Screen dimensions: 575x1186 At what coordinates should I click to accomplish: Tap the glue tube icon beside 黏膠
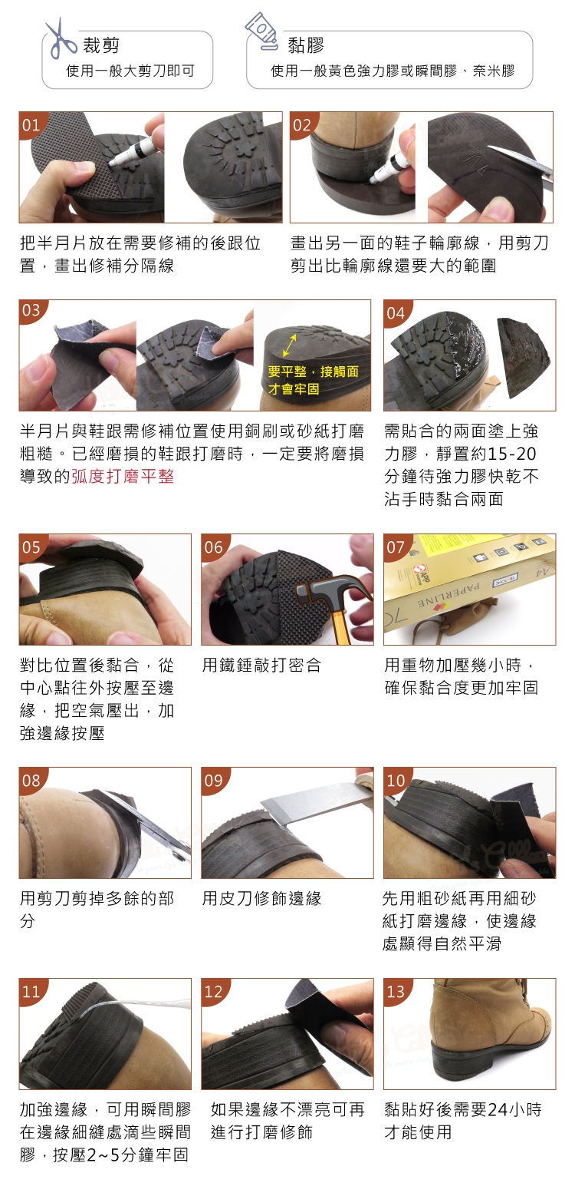262,31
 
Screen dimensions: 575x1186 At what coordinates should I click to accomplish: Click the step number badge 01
31,124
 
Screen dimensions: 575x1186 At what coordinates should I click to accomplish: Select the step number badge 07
396,547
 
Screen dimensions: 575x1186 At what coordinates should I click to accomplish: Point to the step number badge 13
396,990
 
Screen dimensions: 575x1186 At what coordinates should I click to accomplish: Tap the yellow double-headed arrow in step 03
289,345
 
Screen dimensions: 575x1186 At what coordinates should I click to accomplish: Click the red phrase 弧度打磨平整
123,476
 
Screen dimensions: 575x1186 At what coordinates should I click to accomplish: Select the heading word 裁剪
101,45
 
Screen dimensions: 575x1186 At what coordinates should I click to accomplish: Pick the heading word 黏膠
306,45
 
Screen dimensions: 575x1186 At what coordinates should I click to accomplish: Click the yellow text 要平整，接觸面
313,372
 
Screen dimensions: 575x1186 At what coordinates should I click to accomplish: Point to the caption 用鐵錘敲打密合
262,665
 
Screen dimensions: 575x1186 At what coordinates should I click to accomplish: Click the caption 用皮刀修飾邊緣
262,898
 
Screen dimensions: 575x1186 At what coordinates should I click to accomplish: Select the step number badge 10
396,780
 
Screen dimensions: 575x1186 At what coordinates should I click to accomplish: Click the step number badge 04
396,312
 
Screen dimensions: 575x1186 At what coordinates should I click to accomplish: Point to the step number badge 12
213,990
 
